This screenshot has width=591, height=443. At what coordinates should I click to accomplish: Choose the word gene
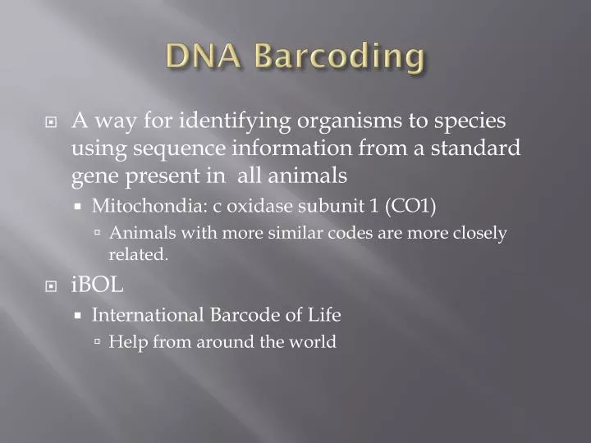[94, 176]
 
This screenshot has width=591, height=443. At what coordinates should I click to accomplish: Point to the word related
[138, 254]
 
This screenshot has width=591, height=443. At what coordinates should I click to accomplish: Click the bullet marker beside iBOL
[52, 286]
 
